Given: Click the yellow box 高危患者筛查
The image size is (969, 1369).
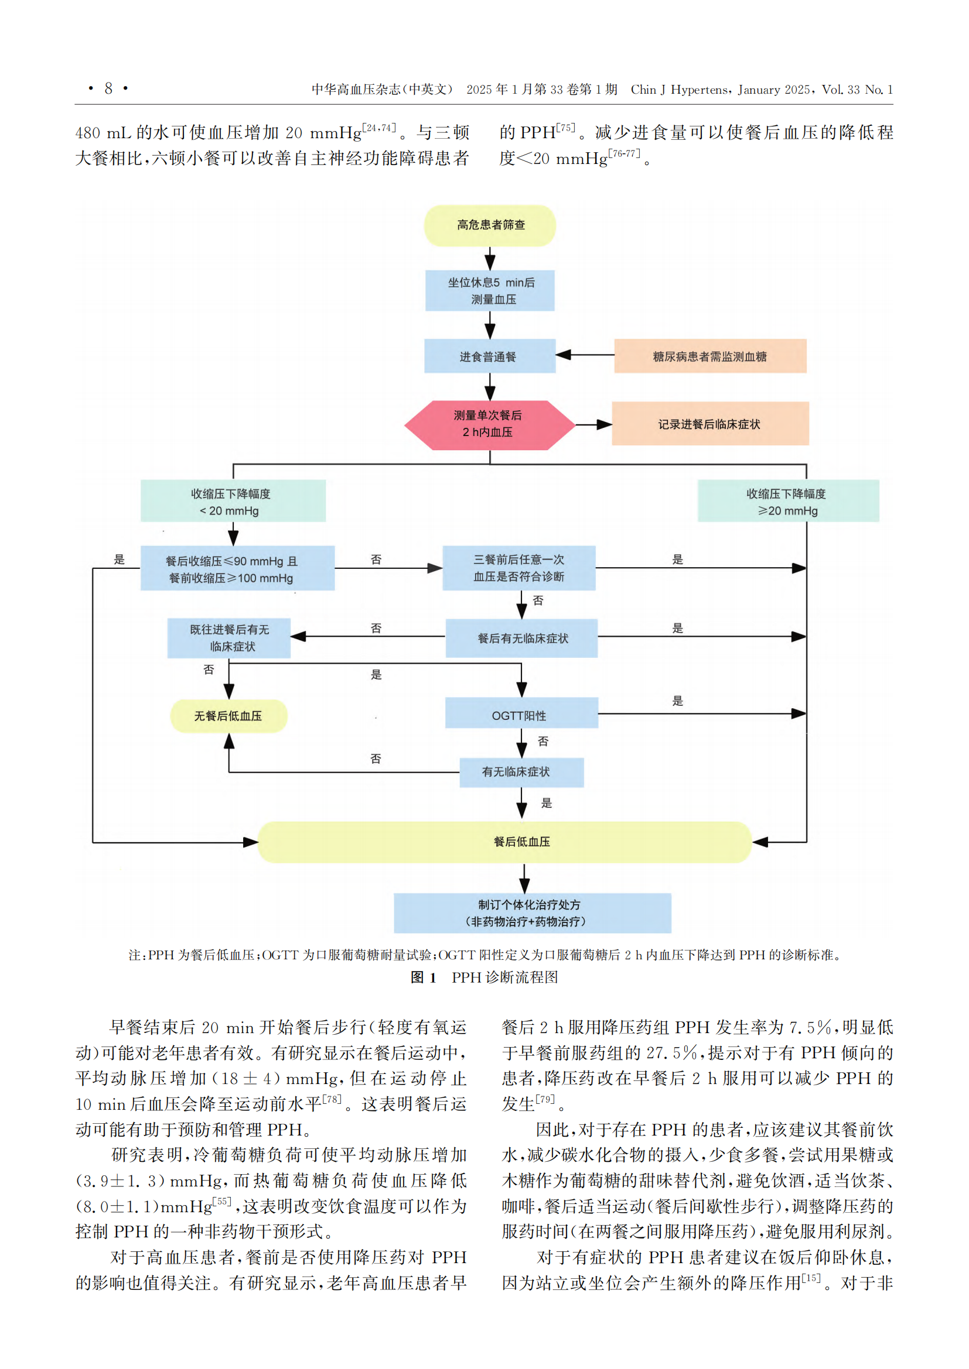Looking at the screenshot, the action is coord(490,225).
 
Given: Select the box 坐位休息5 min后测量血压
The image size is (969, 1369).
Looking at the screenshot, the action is coord(490,290).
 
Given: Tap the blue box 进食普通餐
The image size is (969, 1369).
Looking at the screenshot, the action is coord(490,356).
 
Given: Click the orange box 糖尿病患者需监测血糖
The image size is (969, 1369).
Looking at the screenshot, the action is coord(710,356).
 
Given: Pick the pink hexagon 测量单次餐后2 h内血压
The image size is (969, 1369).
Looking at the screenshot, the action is coord(489,424).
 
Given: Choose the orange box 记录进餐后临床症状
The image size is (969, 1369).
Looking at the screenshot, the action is coord(710,423).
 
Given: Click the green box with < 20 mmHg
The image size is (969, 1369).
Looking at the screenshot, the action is coord(233,501).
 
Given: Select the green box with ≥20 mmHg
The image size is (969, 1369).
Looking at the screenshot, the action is coord(788,501).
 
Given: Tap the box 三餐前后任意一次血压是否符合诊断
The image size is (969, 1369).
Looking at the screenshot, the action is coord(519,568).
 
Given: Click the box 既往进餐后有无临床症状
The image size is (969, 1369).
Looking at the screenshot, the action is coord(229,638).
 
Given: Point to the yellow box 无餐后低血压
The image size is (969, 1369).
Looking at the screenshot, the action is coord(228,716).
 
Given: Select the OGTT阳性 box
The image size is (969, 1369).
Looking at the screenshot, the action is coord(521,712).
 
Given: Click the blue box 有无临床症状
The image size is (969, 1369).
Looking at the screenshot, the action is coord(521,773).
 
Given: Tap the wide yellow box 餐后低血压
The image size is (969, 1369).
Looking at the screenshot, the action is coord(504,842).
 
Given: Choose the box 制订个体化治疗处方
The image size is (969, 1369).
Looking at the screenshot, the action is coord(532,913).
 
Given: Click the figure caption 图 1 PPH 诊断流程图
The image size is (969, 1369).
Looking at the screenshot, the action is coord(484,977).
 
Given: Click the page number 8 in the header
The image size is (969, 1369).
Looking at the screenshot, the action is coord(108,88).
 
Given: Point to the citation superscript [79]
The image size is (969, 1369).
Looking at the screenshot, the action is coord(545,1099).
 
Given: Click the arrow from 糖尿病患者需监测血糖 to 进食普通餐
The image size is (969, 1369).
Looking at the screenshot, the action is coord(585,355).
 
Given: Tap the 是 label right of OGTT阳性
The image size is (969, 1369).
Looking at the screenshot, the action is coord(678,701).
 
